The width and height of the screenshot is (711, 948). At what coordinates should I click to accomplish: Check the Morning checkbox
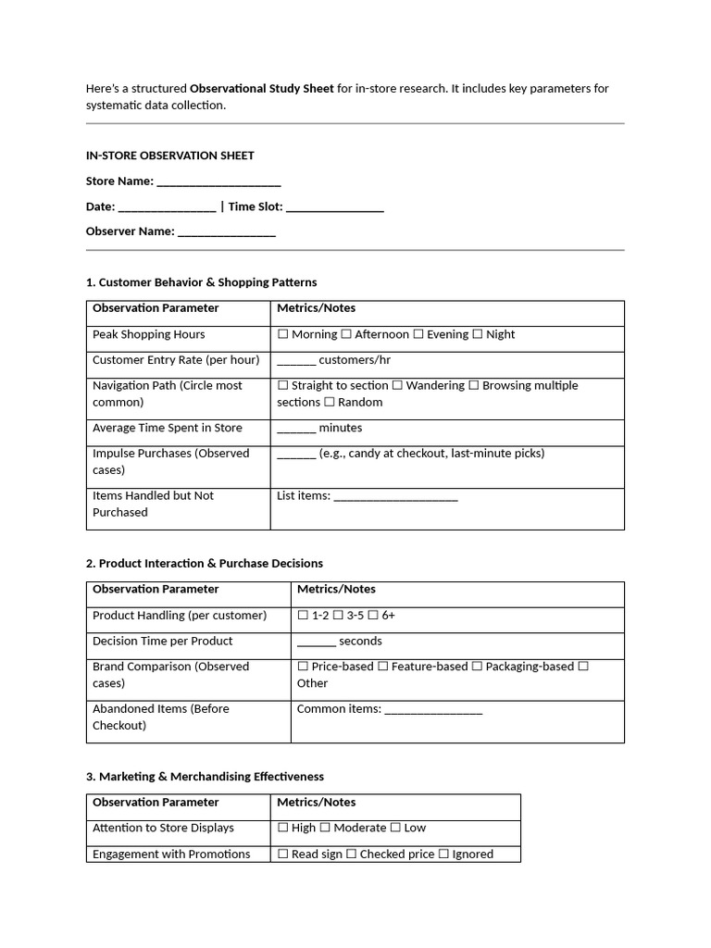point(283,334)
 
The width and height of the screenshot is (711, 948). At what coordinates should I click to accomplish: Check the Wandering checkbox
point(397,385)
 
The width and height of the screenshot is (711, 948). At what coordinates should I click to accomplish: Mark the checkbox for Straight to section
point(283,385)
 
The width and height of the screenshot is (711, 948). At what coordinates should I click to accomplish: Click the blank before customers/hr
point(296,362)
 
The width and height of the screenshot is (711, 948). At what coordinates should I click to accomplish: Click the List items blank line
point(395,498)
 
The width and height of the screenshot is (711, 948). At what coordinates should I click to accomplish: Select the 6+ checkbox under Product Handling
point(373,615)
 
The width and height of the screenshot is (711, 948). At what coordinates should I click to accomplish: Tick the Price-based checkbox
point(303,667)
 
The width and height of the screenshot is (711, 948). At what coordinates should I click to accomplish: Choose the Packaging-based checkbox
point(477,667)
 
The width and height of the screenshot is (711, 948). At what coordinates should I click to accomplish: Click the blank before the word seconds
point(316,643)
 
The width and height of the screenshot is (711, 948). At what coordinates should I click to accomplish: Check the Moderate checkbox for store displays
point(325,828)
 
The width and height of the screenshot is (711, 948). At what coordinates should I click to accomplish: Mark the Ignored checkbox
point(443,854)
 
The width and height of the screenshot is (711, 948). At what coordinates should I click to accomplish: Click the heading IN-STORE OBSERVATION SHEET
point(169,156)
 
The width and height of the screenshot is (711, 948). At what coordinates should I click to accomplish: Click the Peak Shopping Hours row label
point(148,334)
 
